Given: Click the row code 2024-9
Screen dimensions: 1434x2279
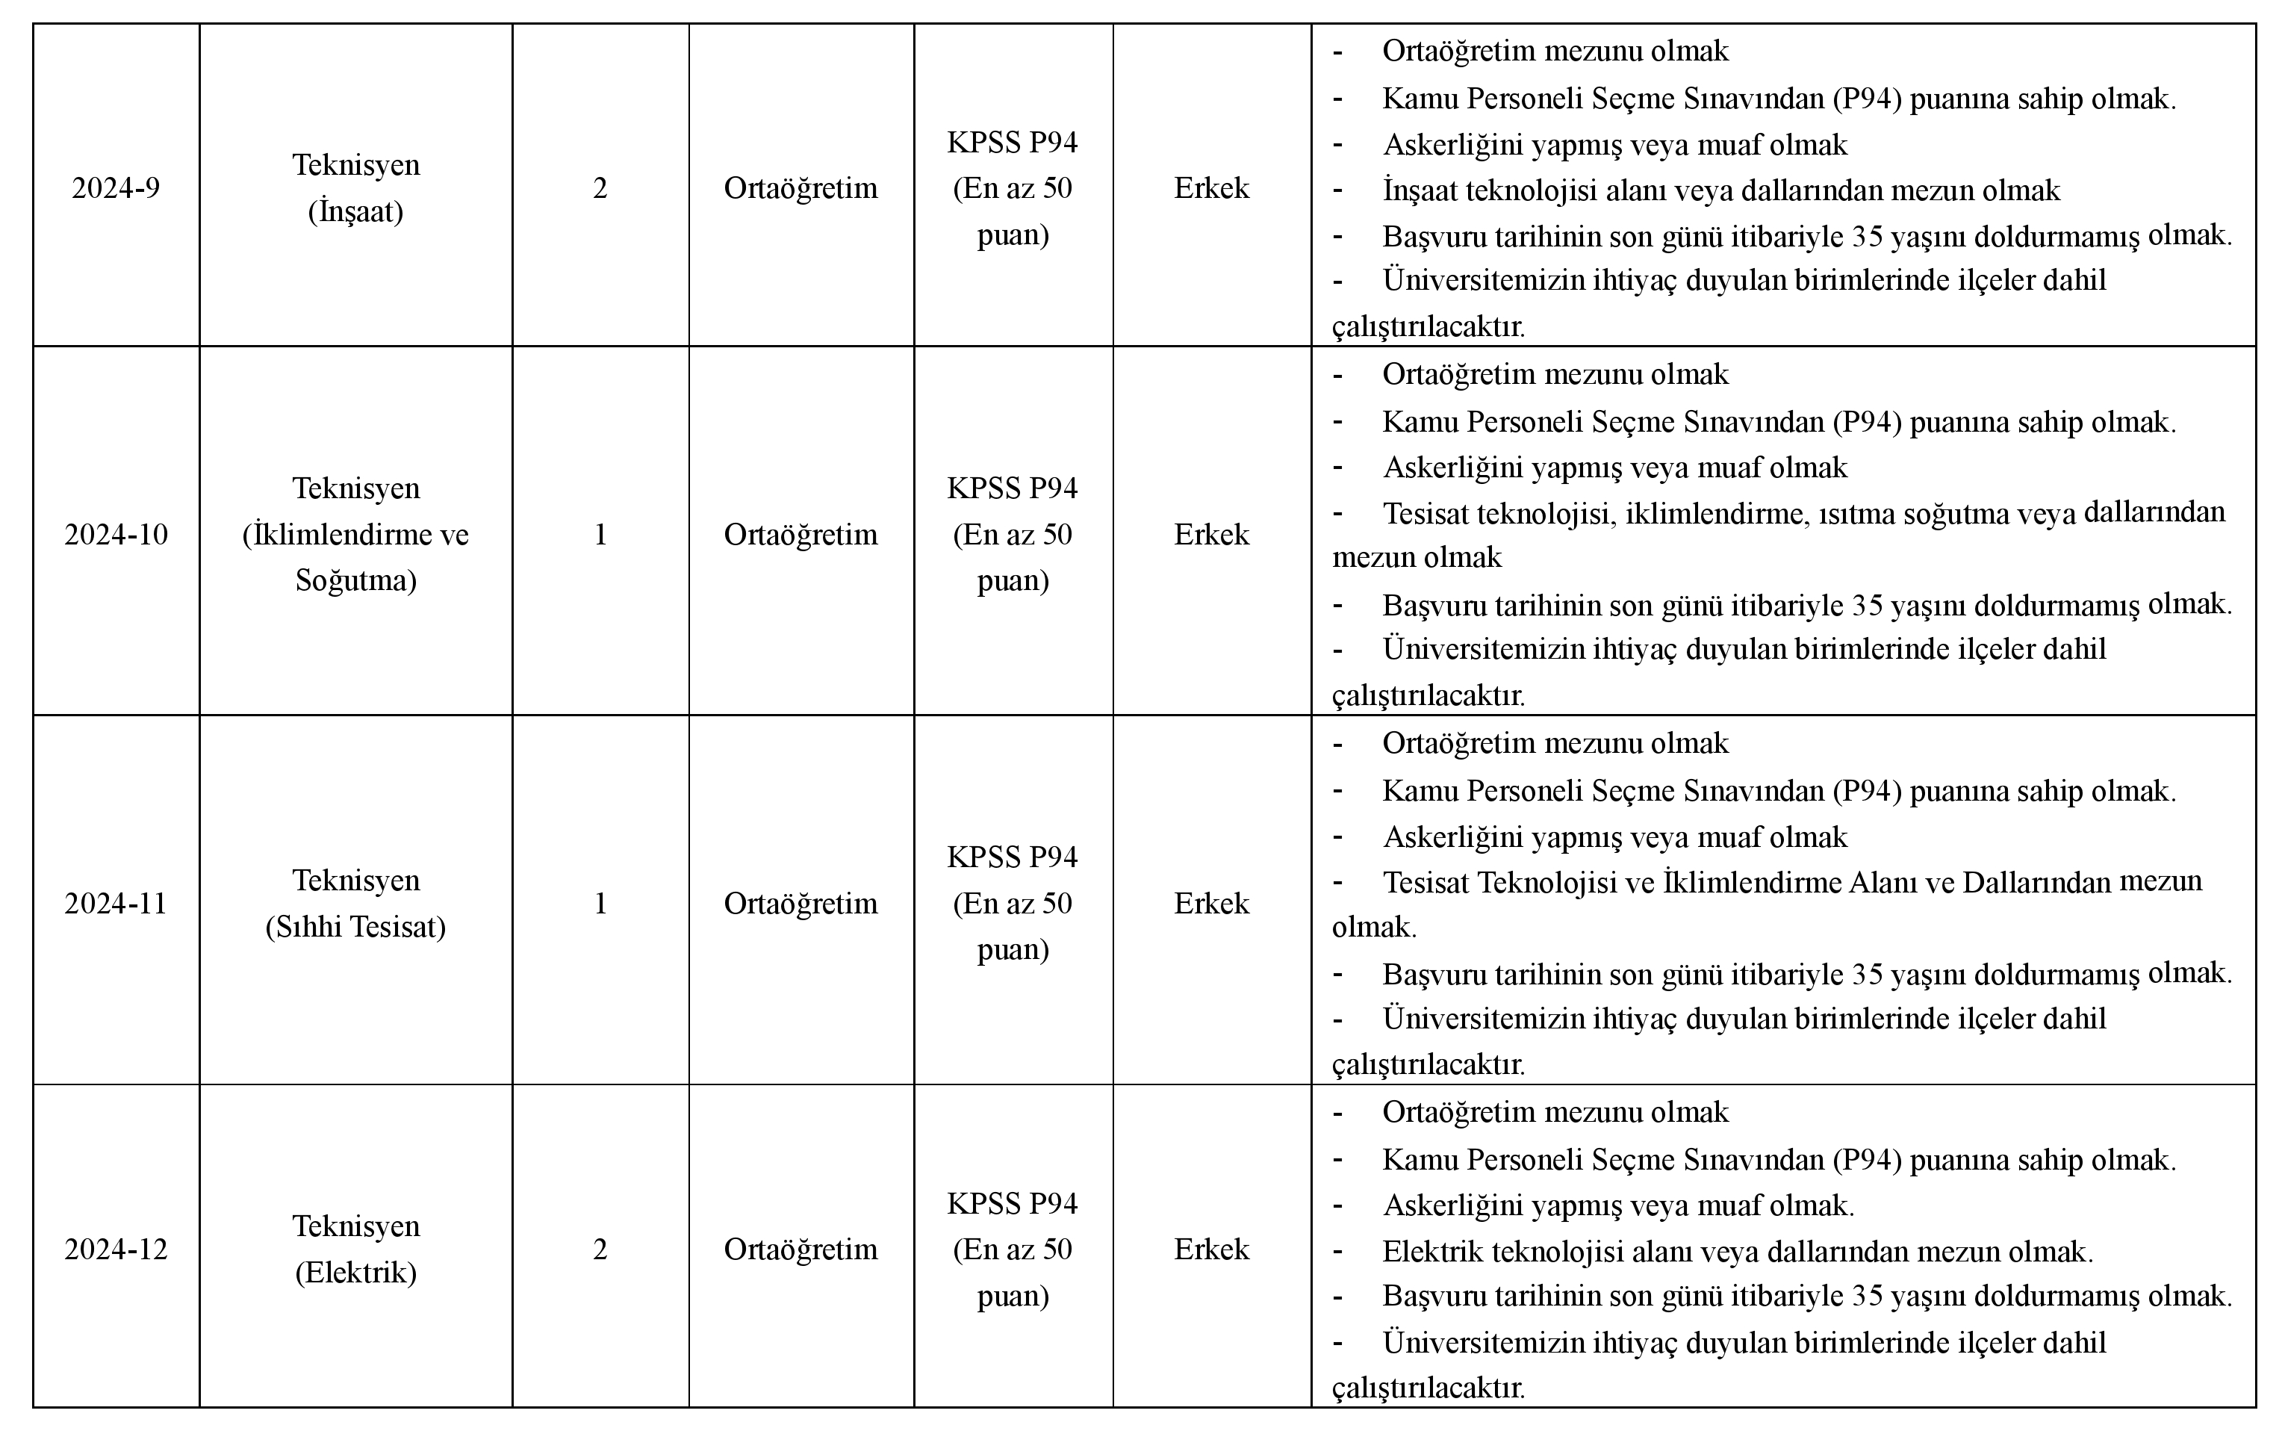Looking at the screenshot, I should click(116, 188).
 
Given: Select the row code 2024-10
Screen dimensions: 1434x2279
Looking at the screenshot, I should click(116, 535).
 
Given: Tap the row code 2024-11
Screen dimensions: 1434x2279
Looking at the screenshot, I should click(116, 904).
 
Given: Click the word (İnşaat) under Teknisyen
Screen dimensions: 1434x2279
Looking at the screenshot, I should click(356, 211).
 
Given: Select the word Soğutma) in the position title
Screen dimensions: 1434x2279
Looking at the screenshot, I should click(356, 580).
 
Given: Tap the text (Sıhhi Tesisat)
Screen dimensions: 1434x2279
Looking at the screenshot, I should click(356, 927).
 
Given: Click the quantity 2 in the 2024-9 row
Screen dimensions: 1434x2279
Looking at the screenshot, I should click(600, 188).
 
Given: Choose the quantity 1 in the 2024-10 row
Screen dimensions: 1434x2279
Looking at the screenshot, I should click(600, 535).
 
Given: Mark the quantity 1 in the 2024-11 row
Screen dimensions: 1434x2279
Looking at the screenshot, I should click(600, 904).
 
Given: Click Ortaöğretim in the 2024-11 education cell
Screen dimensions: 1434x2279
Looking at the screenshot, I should click(800, 904).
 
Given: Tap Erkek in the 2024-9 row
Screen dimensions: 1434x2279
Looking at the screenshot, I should click(1211, 188).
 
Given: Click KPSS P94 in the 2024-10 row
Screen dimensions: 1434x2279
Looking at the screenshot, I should click(1013, 488).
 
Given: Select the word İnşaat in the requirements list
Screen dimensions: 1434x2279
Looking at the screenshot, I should click(1420, 191).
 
